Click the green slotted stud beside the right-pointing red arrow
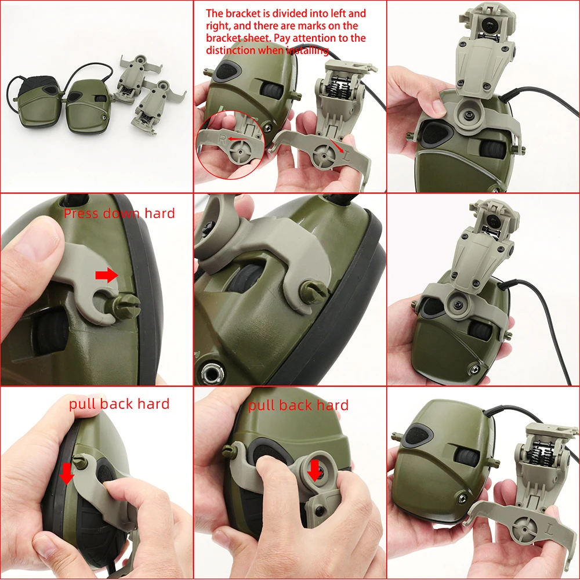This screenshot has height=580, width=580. tap(127, 302)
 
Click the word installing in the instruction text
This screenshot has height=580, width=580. tap(305, 51)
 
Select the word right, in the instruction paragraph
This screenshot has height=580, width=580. tap(219, 26)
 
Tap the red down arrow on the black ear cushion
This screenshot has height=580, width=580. tap(67, 473)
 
